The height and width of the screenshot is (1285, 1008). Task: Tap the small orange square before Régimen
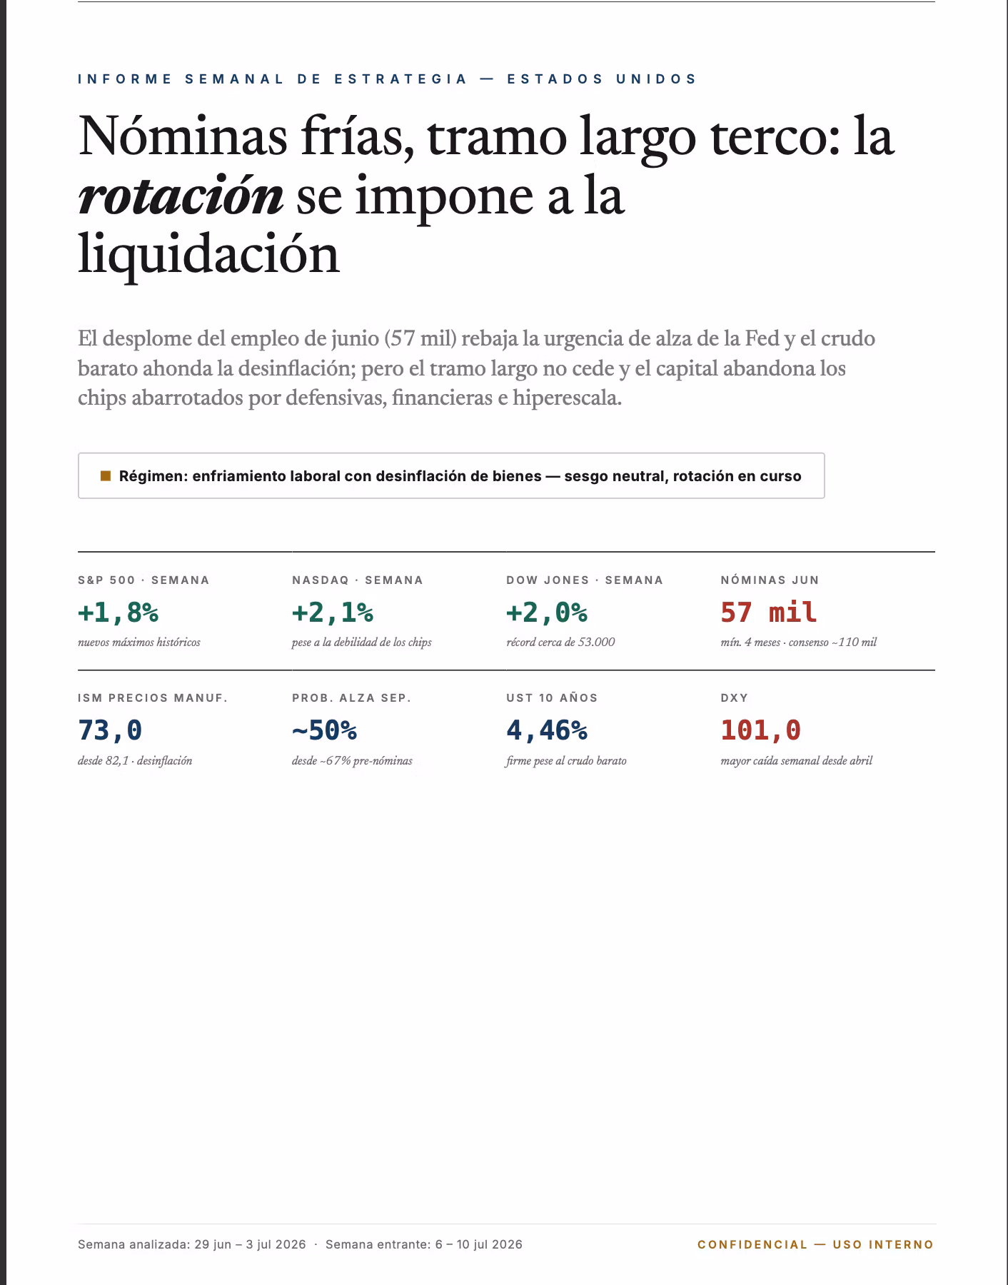coord(106,475)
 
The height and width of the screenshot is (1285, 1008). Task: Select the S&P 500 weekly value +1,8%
coord(118,613)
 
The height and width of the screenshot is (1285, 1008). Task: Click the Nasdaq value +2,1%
coord(333,613)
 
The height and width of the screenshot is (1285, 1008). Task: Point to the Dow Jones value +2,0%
coord(547,613)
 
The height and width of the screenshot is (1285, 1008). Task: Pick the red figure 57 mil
coord(769,613)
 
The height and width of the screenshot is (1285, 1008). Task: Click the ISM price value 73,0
coord(110,730)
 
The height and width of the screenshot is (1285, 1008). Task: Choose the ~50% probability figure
coord(324,730)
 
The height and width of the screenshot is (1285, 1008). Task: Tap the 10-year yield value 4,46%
coord(547,730)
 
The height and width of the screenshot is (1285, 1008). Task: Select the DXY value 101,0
coord(761,730)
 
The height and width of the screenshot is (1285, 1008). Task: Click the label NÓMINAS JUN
coord(770,580)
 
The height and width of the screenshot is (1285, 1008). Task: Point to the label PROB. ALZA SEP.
coord(352,697)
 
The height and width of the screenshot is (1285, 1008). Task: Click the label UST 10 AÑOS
coord(552,697)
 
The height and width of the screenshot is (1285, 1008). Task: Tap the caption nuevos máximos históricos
coord(139,642)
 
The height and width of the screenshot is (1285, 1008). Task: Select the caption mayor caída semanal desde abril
coord(797,761)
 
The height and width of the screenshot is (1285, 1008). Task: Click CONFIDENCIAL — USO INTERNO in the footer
coord(816,1244)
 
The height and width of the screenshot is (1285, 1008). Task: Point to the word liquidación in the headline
coord(208,255)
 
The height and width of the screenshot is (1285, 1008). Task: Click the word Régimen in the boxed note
coord(153,476)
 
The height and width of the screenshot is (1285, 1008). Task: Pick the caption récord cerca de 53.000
coord(560,642)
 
